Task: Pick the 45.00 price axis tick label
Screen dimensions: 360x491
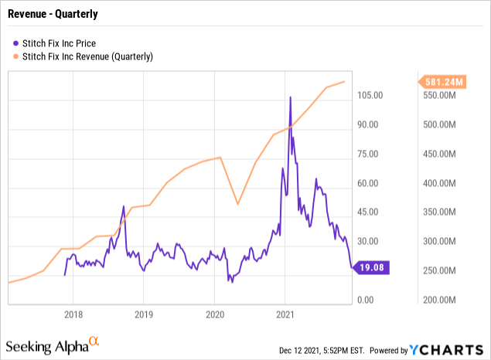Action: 366,212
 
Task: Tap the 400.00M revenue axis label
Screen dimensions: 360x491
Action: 445,183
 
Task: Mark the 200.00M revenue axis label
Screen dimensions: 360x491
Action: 445,300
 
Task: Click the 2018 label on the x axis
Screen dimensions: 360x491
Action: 73,315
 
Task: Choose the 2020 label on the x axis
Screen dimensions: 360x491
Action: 215,315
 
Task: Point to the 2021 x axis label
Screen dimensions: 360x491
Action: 285,315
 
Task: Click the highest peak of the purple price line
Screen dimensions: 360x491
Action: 290,97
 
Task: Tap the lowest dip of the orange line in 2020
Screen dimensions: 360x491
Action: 237,204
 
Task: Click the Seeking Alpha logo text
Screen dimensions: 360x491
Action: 47,346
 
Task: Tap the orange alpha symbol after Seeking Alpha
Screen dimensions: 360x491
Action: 94,341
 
